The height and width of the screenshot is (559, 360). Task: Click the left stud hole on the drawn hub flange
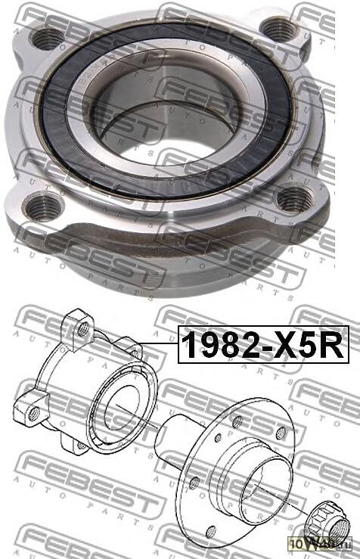[195, 481]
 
